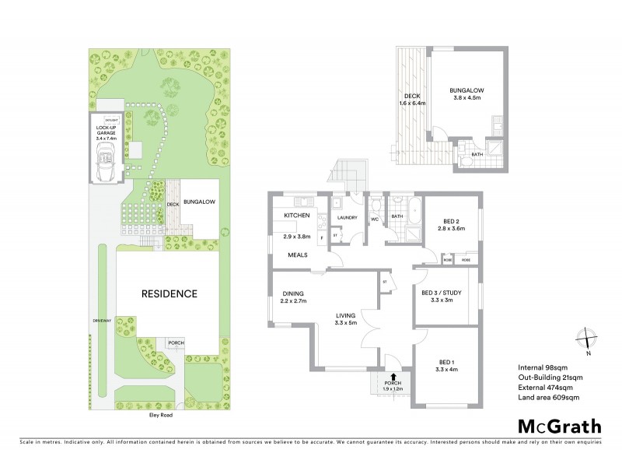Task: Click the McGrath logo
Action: pyautogui.click(x=559, y=426)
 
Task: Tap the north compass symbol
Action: pyautogui.click(x=586, y=339)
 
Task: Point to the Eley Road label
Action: pyautogui.click(x=161, y=416)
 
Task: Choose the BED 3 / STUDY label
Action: pyautogui.click(x=440, y=293)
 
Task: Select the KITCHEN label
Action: pyautogui.click(x=297, y=215)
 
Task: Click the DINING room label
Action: pyautogui.click(x=292, y=293)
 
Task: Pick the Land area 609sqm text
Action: pyautogui.click(x=548, y=398)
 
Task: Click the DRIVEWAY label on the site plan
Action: pyautogui.click(x=100, y=320)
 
